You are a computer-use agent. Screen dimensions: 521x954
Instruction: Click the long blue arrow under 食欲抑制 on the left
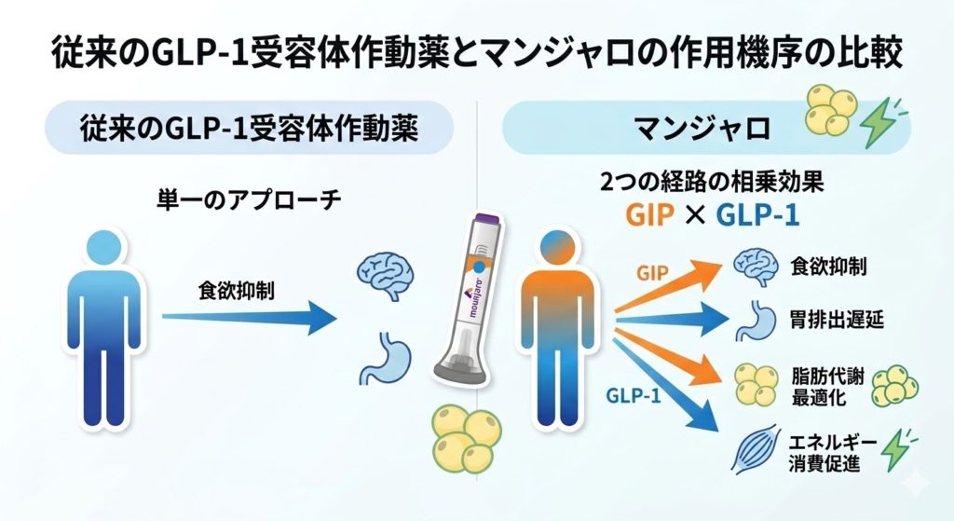[248, 318]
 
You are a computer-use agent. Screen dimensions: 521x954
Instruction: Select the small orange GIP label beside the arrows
[653, 273]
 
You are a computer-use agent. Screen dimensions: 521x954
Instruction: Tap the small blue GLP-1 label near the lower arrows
[634, 395]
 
